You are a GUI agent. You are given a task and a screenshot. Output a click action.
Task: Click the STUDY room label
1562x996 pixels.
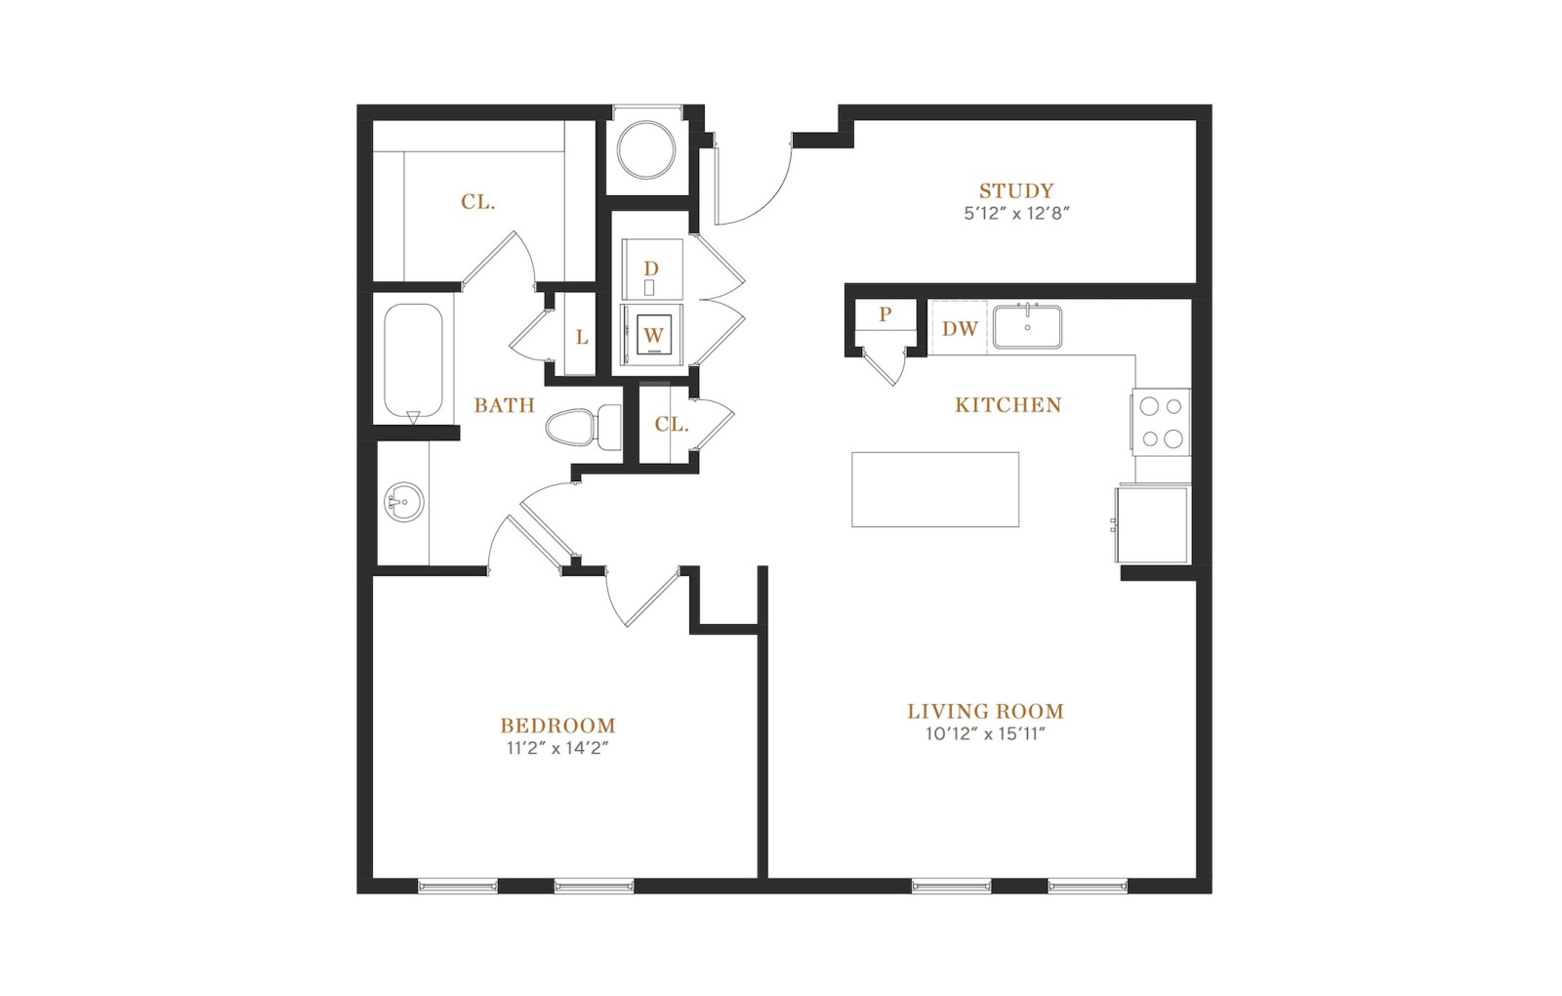[x=1016, y=190]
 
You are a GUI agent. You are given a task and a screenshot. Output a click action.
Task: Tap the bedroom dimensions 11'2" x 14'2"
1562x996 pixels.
[x=557, y=748]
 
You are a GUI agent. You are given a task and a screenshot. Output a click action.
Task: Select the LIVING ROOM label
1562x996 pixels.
[x=986, y=712]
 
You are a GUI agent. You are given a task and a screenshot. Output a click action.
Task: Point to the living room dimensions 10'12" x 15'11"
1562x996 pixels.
[x=986, y=733]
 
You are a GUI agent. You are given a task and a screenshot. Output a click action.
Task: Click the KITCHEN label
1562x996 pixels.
[x=1008, y=404]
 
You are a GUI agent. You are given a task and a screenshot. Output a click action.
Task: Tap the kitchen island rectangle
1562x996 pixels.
[x=935, y=489]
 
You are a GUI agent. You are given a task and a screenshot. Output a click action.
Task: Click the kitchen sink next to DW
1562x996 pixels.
[x=1028, y=326]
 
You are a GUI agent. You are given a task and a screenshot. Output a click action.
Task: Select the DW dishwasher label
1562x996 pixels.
[x=961, y=328]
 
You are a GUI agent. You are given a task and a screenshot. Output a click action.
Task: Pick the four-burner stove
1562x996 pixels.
[x=1161, y=422]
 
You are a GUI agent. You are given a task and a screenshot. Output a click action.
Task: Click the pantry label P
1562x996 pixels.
[x=885, y=314]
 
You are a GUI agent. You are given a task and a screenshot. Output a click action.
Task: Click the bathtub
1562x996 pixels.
[x=413, y=363]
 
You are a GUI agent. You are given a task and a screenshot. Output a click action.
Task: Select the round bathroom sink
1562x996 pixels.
[x=404, y=502]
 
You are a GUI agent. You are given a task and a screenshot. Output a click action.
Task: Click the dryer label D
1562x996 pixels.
[x=650, y=269]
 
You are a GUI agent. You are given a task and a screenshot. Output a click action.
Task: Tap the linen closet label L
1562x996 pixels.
[x=582, y=338]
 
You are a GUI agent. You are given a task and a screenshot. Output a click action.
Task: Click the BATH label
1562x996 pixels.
[x=504, y=405]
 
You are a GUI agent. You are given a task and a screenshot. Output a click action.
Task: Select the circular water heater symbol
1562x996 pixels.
[x=646, y=150]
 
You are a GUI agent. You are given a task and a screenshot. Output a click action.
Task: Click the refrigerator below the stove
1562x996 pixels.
[x=1151, y=524]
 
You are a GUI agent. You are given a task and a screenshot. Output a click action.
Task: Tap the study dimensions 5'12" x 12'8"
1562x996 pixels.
[x=1016, y=214]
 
